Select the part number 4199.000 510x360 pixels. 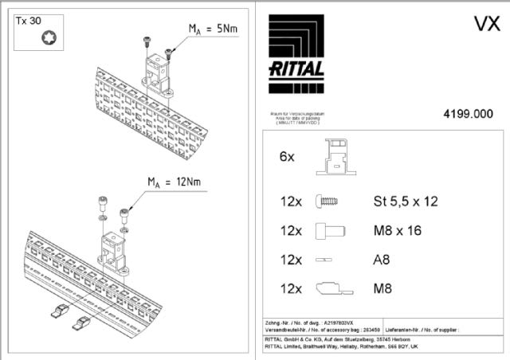(x=468, y=114)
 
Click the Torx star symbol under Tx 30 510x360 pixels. (x=37, y=37)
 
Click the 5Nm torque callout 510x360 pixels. (x=213, y=29)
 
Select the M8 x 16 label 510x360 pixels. (x=398, y=231)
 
